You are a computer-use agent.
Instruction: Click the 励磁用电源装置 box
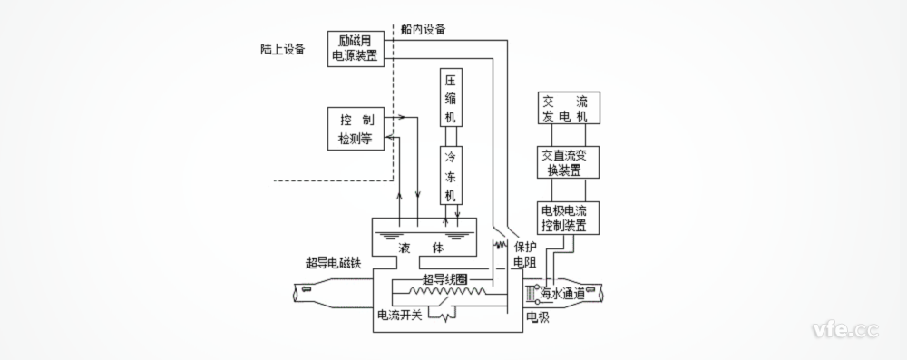(355, 48)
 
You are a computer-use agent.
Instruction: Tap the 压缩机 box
(452, 96)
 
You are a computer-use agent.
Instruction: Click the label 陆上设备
(277, 49)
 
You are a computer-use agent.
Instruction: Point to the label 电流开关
(400, 316)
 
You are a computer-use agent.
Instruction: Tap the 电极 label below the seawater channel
(538, 316)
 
